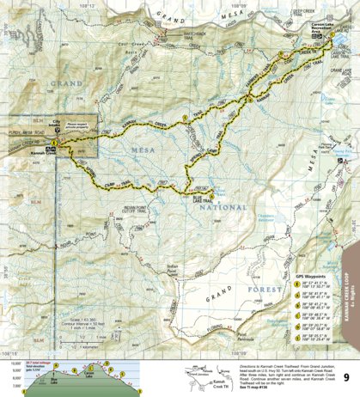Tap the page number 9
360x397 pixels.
[345, 376]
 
